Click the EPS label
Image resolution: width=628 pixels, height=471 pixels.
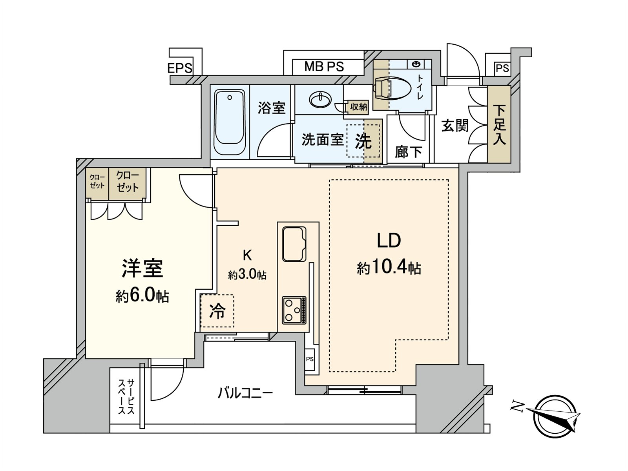(180, 68)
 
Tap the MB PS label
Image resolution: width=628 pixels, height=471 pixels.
(324, 67)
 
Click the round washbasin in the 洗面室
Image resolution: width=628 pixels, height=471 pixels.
(320, 99)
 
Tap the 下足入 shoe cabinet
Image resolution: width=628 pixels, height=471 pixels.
(499, 125)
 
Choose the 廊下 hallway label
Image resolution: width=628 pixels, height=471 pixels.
(408, 152)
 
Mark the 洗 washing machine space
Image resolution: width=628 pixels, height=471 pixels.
(363, 141)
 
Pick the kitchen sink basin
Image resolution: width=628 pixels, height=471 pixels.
(294, 244)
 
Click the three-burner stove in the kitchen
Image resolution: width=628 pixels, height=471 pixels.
(294, 310)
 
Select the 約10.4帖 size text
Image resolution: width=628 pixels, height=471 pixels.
(389, 268)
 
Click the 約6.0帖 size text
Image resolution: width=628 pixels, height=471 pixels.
(142, 296)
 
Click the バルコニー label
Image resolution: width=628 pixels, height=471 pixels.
(245, 393)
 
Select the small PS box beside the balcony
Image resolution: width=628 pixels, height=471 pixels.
(310, 359)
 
